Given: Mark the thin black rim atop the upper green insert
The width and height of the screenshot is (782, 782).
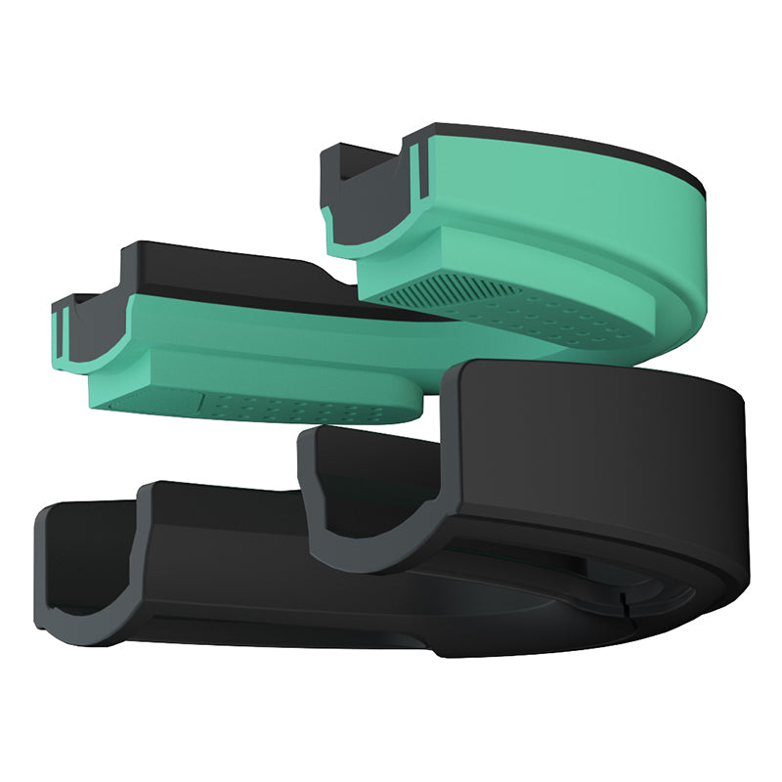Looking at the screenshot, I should [x=586, y=147].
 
